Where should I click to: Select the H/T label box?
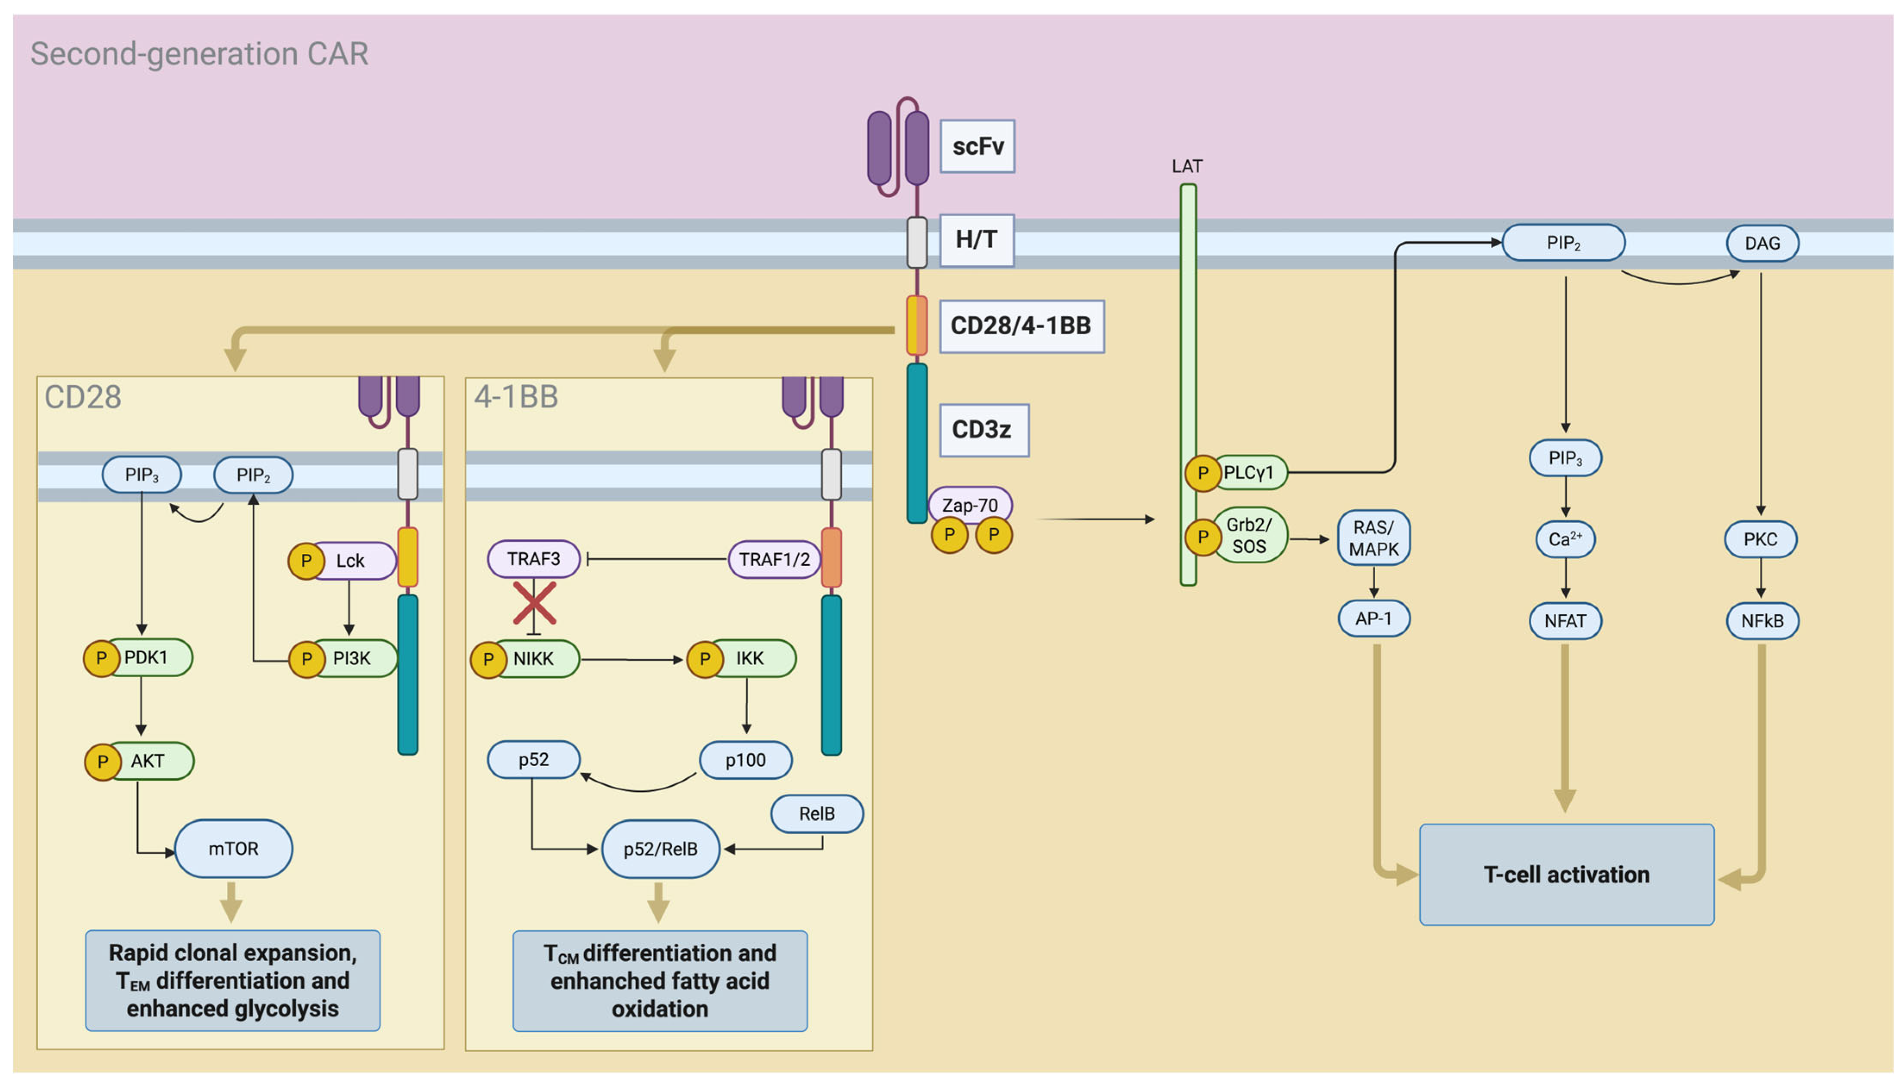pos(976,240)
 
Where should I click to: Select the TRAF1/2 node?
pos(774,559)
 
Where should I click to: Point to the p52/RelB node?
pos(660,849)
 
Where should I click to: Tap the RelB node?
pos(816,813)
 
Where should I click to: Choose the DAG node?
pos(1762,243)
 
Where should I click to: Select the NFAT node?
pos(1565,621)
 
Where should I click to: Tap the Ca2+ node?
pos(1565,539)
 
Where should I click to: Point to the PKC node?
pos(1760,539)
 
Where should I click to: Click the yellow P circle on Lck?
pos(306,561)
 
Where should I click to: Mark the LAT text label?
pos(1186,166)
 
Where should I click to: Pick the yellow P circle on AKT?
pos(103,762)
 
